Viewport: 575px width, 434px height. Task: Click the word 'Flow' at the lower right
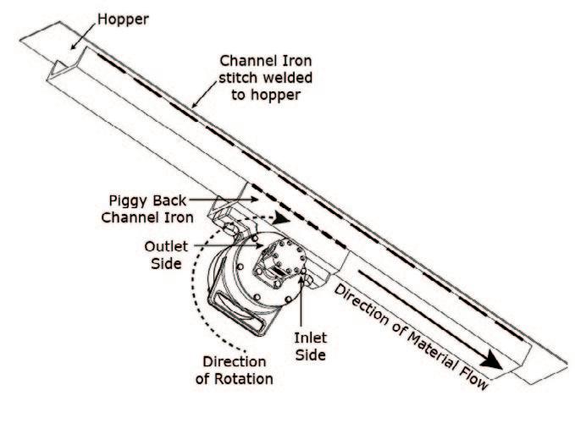click(471, 378)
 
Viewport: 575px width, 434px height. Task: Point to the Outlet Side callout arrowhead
click(255, 244)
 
